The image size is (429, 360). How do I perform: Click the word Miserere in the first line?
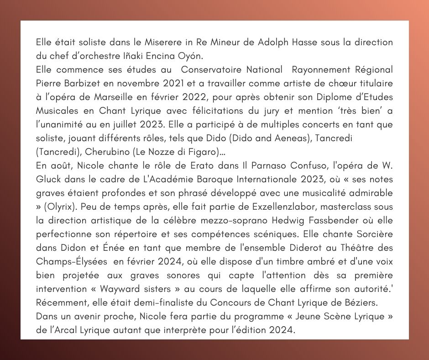click(160, 42)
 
